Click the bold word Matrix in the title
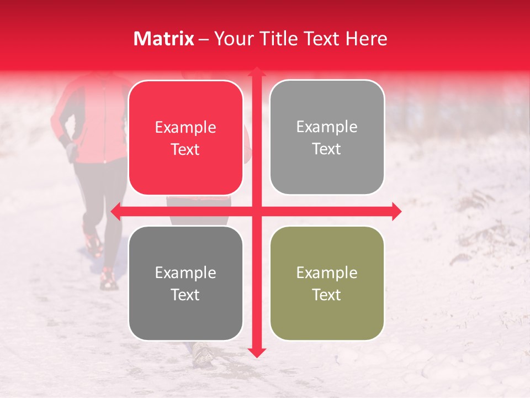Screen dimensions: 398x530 pyautogui.click(x=163, y=39)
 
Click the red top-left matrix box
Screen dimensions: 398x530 pyautogui.click(x=185, y=138)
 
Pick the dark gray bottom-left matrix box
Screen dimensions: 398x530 pyautogui.click(x=185, y=283)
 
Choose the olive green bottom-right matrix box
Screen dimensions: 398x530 pyautogui.click(x=327, y=283)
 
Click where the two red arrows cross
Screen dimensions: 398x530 pyautogui.click(x=256, y=211)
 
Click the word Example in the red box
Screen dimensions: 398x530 pyautogui.click(x=185, y=128)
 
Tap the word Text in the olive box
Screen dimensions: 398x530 pyautogui.click(x=327, y=295)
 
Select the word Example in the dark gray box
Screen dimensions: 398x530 pyautogui.click(x=185, y=273)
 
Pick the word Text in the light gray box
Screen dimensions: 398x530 pyautogui.click(x=327, y=149)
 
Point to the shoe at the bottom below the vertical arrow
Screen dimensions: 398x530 pyautogui.click(x=203, y=353)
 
